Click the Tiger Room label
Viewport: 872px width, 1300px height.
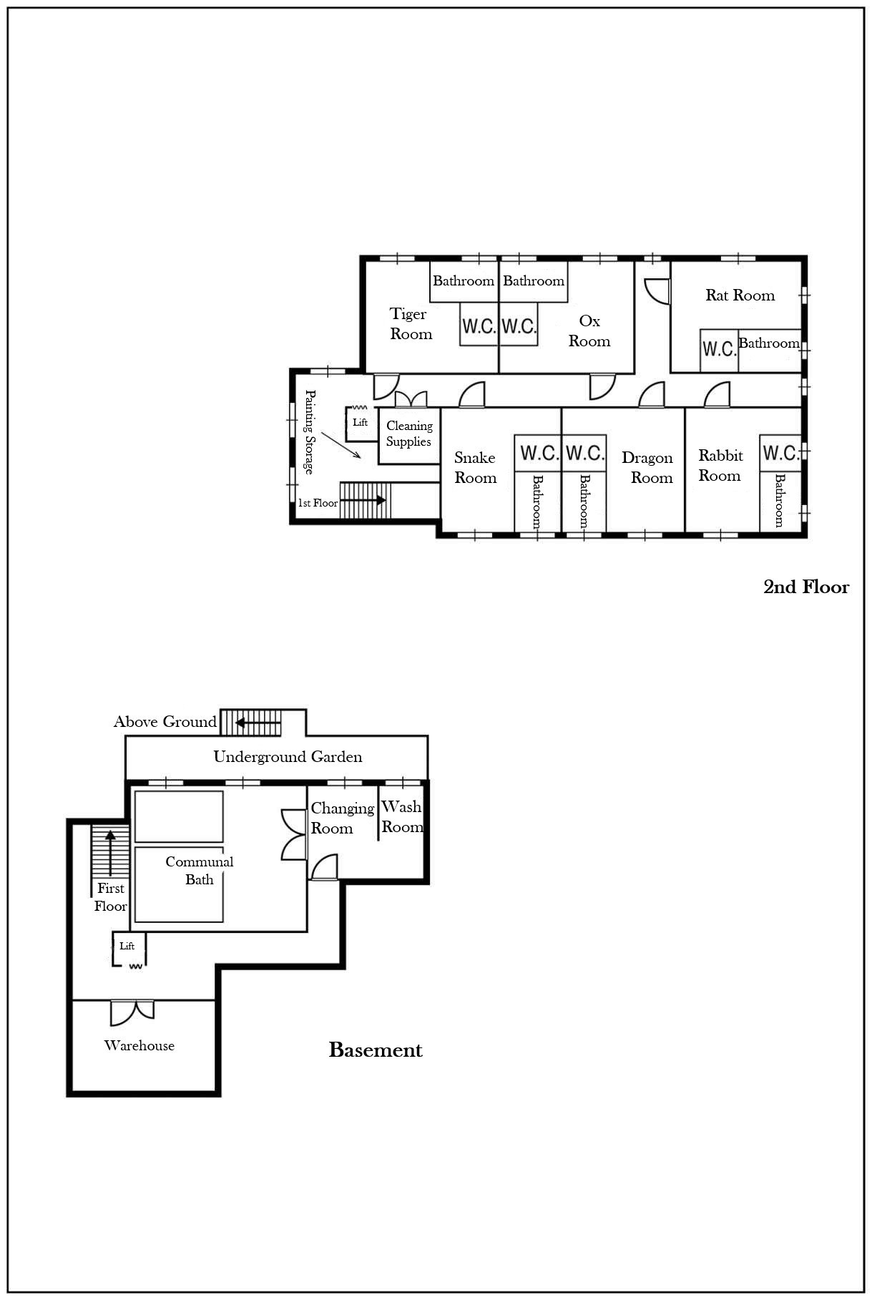(411, 324)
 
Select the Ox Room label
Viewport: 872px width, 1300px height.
(589, 331)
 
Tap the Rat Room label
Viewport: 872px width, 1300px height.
(740, 295)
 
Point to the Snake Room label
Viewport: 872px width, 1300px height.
(475, 468)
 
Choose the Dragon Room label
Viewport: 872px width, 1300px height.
(647, 468)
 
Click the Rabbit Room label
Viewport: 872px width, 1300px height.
(720, 466)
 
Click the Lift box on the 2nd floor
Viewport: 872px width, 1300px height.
(361, 424)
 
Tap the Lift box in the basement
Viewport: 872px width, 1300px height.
(128, 949)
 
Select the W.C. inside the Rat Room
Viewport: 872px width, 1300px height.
(719, 349)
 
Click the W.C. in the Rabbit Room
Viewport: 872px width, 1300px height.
(780, 453)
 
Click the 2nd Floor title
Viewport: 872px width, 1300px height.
(806, 587)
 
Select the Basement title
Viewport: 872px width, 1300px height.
(376, 1050)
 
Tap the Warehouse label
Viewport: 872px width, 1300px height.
(139, 1045)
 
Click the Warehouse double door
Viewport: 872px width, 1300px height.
(132, 1011)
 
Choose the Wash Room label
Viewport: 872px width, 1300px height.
(402, 817)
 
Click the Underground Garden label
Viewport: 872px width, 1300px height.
(288, 757)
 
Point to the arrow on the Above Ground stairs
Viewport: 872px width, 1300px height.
(258, 723)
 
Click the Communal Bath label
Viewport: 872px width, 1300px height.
(200, 870)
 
